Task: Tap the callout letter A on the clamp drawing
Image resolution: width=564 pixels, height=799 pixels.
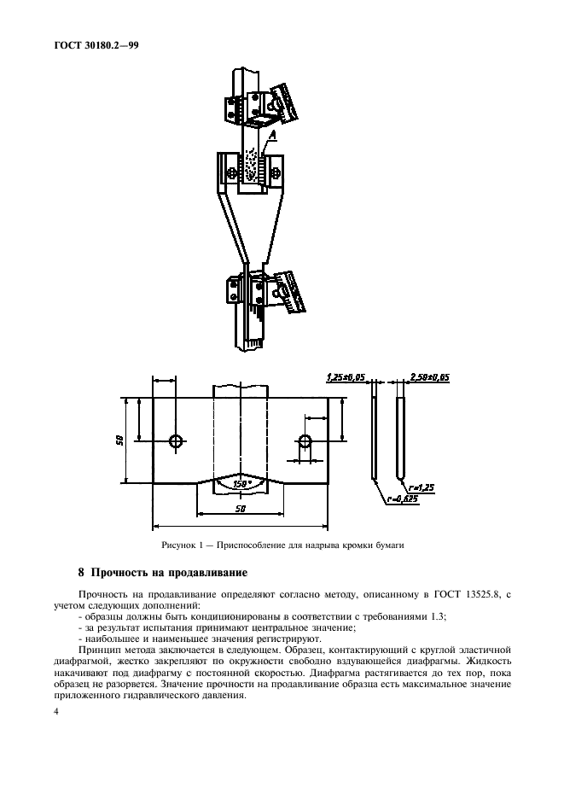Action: point(271,135)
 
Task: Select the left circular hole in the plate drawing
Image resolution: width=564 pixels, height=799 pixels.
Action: point(176,441)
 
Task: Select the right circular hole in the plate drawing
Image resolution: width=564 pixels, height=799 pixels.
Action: point(305,441)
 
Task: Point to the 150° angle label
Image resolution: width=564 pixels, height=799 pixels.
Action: point(241,484)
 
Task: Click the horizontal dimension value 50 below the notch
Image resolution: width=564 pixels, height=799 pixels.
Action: point(241,509)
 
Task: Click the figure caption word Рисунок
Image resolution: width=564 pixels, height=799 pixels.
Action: point(180,545)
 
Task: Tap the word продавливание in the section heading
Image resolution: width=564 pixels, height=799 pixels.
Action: point(202,572)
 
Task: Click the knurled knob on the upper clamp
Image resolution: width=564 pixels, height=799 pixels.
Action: point(283,102)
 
